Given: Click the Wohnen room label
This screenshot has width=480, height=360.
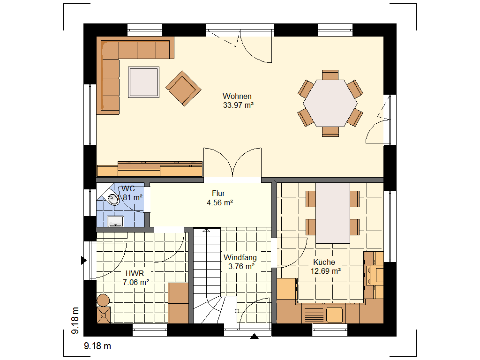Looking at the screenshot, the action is coord(237,96).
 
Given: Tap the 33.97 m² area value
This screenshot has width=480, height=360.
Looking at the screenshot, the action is coord(238,105).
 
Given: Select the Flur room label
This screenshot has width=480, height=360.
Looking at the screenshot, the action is coord(218,194).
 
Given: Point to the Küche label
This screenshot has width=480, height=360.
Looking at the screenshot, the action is coord(324,262).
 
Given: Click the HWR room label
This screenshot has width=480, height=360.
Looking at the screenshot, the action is coord(135,273).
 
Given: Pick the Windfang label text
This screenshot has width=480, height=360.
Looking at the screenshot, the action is coord(240,258).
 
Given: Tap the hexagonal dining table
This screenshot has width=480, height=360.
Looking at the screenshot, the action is coord(330,103).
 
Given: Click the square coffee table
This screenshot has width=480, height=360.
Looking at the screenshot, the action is coord(143,82).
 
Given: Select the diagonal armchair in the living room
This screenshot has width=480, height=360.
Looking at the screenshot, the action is coord(183,88).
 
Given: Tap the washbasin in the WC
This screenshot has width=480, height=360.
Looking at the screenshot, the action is coord(115,221).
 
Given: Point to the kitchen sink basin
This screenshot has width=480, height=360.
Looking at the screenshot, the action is coord(334,315).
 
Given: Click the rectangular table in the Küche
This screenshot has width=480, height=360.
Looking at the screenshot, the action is coord(333,213).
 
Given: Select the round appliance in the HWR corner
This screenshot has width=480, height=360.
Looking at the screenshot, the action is coord(103,300).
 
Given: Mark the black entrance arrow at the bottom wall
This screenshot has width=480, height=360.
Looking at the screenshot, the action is coord(254,337).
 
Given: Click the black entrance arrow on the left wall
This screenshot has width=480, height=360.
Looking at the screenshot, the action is coord(83,260).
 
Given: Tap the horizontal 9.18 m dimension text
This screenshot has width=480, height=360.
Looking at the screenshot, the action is coord(97,346).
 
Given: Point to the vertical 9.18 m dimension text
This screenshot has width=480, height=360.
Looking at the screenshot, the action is coord(75,321).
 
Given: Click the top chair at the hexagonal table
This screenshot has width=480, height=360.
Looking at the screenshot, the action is coord(330,75).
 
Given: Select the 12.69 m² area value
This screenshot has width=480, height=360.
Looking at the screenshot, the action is coord(326,271).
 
